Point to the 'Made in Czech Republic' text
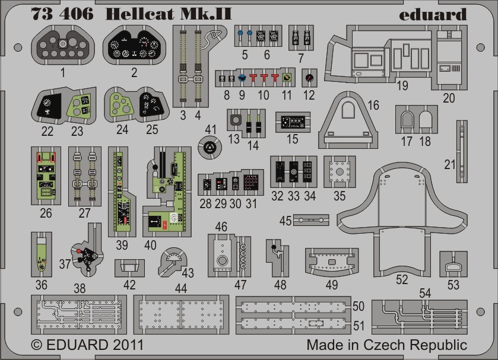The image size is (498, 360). click(x=387, y=345)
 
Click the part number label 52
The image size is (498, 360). click(x=402, y=279)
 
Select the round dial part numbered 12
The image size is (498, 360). click(x=309, y=78)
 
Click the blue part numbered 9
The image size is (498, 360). click(x=242, y=78)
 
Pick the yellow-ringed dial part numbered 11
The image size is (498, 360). click(x=287, y=78)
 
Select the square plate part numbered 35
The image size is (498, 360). click(x=340, y=171)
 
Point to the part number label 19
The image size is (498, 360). click(x=403, y=85)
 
